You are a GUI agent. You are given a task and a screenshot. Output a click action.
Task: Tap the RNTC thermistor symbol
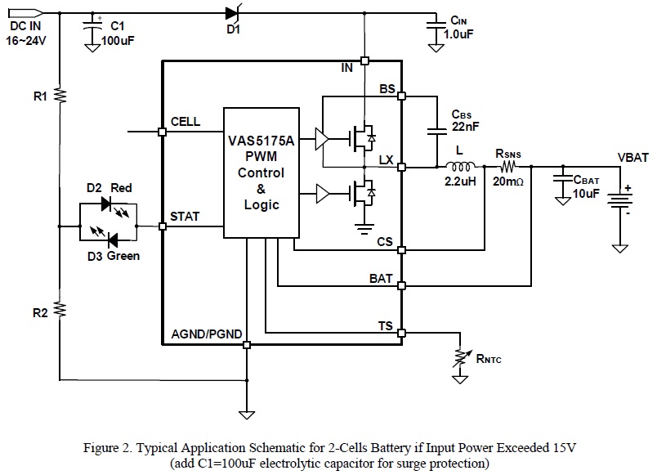[461, 357]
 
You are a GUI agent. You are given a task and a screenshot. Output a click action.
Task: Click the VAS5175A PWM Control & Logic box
[257, 173]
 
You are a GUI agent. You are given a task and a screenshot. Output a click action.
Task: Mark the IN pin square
[364, 60]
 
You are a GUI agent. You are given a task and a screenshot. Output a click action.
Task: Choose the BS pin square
[401, 96]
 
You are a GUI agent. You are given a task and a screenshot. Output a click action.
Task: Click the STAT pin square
[163, 225]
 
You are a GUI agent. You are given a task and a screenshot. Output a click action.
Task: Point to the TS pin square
[401, 333]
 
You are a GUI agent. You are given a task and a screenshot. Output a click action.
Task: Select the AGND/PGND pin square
[246, 345]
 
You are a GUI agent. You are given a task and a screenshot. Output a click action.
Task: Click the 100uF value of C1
[116, 39]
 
